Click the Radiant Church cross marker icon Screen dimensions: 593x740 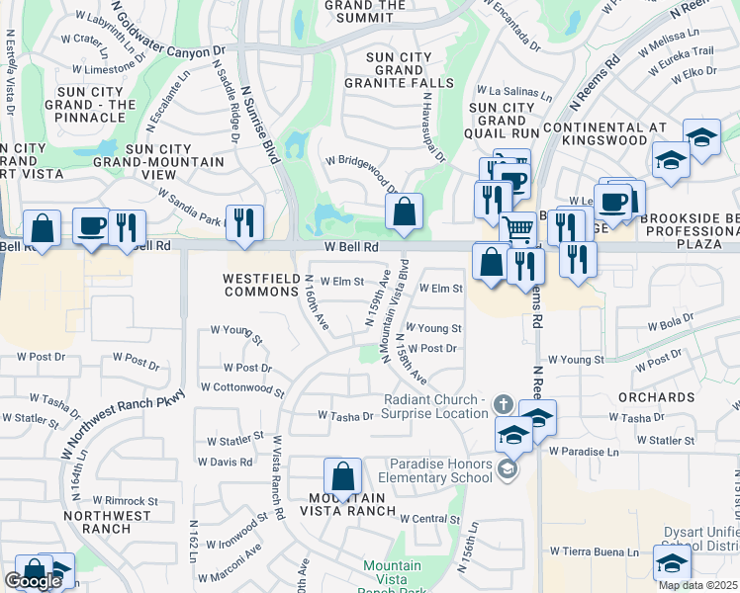pos(504,404)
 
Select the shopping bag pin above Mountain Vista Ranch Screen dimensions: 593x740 pos(341,476)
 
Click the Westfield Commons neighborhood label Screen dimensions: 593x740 pos(261,285)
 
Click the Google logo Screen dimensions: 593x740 pos(33,581)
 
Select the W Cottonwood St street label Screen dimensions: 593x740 pos(242,389)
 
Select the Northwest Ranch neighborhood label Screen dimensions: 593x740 pos(108,522)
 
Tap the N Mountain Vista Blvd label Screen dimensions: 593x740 pos(394,310)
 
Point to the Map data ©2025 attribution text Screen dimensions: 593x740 pos(697,585)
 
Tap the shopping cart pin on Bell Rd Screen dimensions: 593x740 pos(518,230)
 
